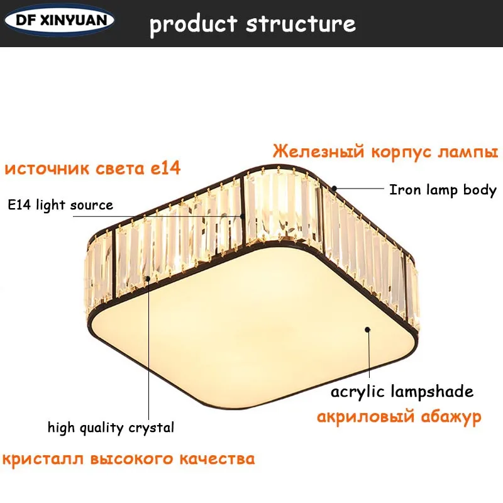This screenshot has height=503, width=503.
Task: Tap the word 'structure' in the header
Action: pyautogui.click(x=301, y=24)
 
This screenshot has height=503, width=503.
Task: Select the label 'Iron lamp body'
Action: pyautogui.click(x=443, y=189)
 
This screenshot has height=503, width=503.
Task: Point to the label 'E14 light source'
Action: pyautogui.click(x=60, y=205)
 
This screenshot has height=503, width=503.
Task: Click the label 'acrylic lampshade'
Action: pyautogui.click(x=402, y=392)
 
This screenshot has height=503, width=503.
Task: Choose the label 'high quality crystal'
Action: pyautogui.click(x=111, y=428)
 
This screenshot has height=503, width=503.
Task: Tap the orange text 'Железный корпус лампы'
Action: pyautogui.click(x=385, y=152)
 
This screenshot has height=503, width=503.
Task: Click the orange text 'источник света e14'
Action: pyautogui.click(x=92, y=169)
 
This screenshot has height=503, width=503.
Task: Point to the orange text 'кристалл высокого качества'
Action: pyautogui.click(x=130, y=458)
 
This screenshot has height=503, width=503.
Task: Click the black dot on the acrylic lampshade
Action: pyautogui.click(x=368, y=328)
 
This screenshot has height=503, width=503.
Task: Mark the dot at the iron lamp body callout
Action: pyautogui.click(x=335, y=187)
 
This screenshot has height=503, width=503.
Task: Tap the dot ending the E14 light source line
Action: pyautogui.click(x=242, y=216)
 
